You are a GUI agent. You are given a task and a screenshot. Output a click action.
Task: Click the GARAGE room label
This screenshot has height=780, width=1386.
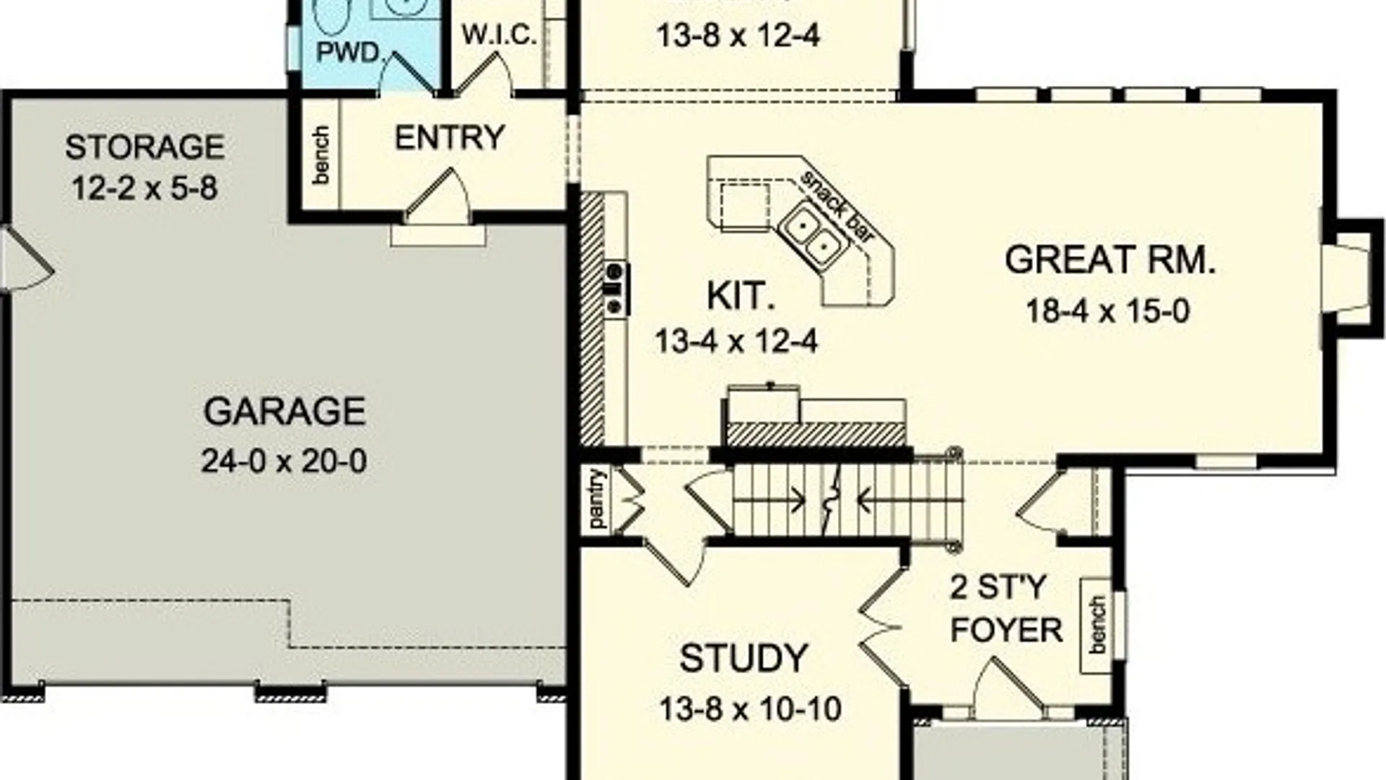[x=284, y=412]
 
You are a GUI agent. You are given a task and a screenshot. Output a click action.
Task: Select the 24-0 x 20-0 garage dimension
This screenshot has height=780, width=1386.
[x=284, y=461]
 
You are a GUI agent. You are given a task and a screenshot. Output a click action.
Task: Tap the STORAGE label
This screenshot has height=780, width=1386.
[x=144, y=147]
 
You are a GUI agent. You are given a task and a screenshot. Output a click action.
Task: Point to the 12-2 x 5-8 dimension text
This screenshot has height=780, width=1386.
[x=144, y=188]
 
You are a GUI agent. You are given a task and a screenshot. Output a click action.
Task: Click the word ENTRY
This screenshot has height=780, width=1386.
[x=449, y=137]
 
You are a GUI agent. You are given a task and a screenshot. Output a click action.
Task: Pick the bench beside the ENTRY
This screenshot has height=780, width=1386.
[x=321, y=155]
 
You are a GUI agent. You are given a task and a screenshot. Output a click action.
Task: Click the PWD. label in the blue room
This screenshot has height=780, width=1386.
[x=348, y=53]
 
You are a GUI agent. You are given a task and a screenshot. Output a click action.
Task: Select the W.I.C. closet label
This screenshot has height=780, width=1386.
[x=499, y=35]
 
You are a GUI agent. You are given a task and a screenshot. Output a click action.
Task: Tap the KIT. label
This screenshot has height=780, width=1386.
[x=740, y=296]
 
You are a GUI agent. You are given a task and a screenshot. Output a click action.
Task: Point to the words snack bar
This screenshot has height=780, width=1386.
[x=837, y=204]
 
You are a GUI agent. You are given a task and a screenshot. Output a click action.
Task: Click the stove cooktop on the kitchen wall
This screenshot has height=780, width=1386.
[x=615, y=288]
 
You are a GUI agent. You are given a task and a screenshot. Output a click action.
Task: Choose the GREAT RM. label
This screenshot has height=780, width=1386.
[x=1110, y=260]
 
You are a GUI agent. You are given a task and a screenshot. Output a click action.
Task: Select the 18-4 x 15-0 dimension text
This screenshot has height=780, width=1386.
[x=1107, y=311]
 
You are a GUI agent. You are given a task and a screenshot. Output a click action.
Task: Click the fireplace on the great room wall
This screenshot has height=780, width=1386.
[x=1348, y=278]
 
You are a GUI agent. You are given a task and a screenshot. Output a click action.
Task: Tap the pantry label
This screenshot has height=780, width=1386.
[x=596, y=498]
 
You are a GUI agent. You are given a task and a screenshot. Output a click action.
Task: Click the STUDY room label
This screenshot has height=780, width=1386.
[x=744, y=659]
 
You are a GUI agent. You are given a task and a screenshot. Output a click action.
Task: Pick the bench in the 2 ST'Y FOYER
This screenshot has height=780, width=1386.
[x=1097, y=625]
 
